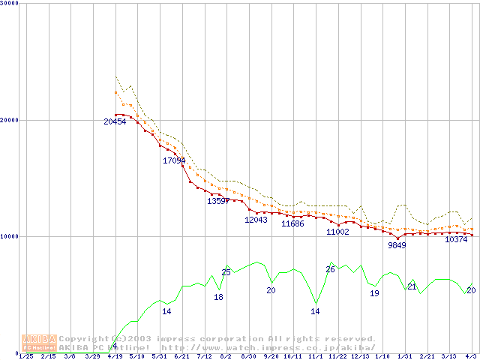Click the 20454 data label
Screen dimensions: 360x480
pyautogui.click(x=115, y=121)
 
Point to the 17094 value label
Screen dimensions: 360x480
pyautogui.click(x=174, y=160)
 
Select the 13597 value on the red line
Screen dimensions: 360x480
pyautogui.click(x=218, y=201)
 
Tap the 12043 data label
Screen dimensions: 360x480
pyautogui.click(x=256, y=220)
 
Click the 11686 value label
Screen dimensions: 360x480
pyautogui.click(x=292, y=224)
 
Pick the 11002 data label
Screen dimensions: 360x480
pyautogui.click(x=337, y=232)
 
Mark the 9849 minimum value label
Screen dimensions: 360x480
pyautogui.click(x=397, y=245)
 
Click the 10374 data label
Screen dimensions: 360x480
pyautogui.click(x=456, y=240)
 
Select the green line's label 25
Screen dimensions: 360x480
pyautogui.click(x=226, y=272)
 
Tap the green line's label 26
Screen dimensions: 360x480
pyautogui.click(x=330, y=269)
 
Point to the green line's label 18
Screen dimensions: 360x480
pyautogui.click(x=219, y=298)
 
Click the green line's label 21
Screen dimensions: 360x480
pyautogui.click(x=412, y=287)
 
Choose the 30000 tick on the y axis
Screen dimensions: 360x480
pyautogui.click(x=10, y=3)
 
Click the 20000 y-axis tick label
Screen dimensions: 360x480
pyautogui.click(x=10, y=120)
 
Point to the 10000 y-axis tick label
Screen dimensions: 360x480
pyautogui.click(x=10, y=236)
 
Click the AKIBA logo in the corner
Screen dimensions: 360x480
pyautogui.click(x=39, y=343)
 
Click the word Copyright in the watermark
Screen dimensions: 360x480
pyautogui.click(x=82, y=339)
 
